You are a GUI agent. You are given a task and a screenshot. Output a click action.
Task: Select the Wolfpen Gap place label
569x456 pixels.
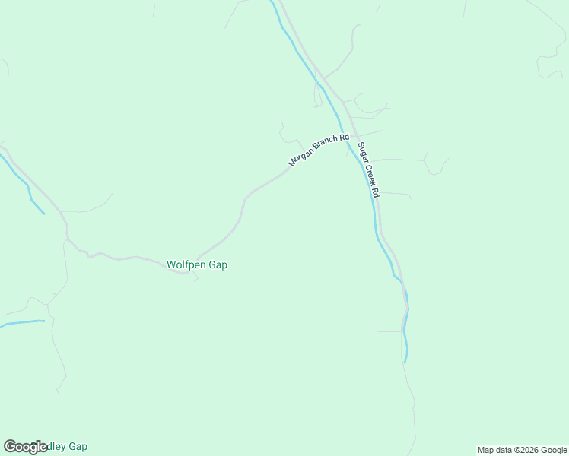[x=197, y=264]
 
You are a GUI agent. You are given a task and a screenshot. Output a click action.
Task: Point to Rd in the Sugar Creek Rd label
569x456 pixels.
[x=374, y=192]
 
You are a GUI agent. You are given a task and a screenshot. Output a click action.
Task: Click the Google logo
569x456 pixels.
[x=25, y=447]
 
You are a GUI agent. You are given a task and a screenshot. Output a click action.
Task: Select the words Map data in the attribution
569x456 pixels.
[x=494, y=450]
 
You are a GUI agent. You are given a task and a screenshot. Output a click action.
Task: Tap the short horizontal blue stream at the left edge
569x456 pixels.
[x=23, y=323]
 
